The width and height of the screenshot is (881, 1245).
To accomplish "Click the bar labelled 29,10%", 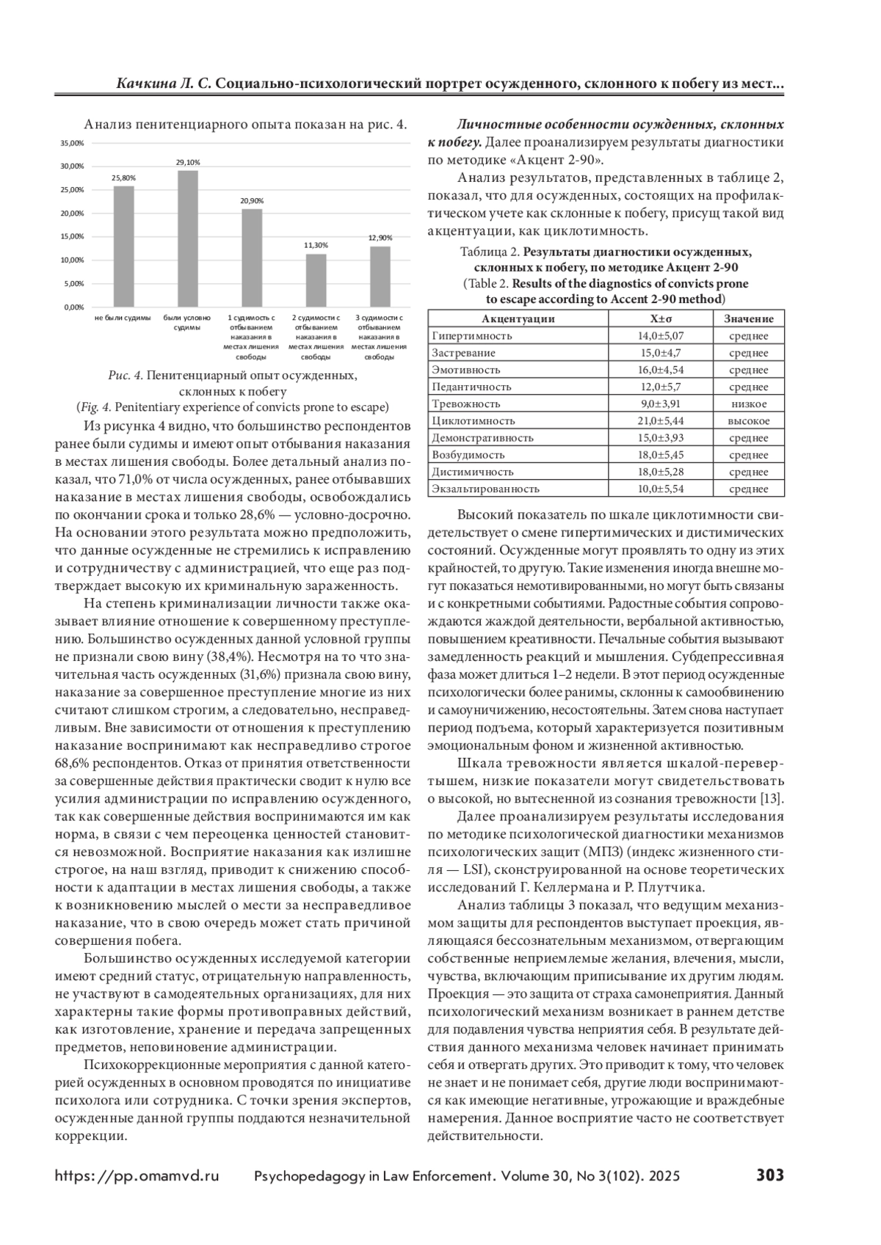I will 187,238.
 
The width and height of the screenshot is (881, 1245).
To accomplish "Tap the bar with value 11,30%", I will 316,280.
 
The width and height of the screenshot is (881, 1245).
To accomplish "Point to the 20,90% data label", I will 252,200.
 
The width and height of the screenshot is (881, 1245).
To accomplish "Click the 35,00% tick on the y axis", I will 72,143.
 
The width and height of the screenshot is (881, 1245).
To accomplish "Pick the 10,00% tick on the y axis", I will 72,260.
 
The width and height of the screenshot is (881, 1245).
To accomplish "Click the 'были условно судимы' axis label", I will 187,323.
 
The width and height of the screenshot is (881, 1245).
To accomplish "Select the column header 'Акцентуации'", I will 518,319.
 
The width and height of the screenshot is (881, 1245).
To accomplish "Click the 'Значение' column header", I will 748,319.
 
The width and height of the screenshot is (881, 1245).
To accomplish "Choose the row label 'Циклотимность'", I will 473,421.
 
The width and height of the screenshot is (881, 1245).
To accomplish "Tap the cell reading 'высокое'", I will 748,421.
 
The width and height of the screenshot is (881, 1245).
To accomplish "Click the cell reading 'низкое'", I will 748,404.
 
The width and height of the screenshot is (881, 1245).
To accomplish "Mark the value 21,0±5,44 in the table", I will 660,421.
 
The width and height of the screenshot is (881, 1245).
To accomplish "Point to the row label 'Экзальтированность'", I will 485,489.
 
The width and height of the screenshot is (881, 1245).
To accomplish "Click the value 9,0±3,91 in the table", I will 660,404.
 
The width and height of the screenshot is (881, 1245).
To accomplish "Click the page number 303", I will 770,1175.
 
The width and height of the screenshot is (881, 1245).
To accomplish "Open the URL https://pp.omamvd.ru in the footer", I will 137,1176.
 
